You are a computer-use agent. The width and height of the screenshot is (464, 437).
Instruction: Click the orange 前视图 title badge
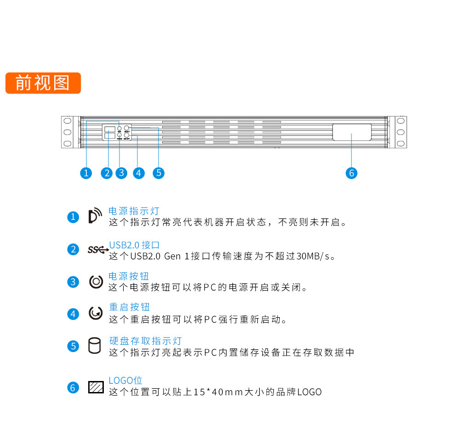[43, 83]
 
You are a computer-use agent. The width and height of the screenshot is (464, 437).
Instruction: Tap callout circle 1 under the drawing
[86, 173]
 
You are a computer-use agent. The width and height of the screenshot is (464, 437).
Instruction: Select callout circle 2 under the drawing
[108, 173]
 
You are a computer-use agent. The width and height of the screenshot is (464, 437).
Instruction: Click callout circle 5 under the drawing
[158, 173]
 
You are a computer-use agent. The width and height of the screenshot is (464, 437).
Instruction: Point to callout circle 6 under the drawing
[351, 173]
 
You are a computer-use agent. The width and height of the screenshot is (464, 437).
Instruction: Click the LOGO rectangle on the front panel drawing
[351, 132]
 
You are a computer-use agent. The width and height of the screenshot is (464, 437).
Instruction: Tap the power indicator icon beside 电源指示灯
[95, 216]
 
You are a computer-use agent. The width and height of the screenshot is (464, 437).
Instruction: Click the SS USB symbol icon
[98, 250]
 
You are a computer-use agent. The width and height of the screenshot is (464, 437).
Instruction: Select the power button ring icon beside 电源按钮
[96, 281]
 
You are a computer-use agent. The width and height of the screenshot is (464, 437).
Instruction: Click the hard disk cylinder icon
[94, 346]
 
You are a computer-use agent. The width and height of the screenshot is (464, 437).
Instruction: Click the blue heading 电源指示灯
[134, 211]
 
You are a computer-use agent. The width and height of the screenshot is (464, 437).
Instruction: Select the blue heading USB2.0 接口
[134, 245]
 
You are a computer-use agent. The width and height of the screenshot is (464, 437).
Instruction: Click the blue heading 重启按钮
[129, 307]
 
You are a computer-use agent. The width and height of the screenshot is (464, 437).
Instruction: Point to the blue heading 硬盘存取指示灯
[145, 341]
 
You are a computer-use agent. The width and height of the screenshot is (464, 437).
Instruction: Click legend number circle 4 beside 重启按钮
[73, 314]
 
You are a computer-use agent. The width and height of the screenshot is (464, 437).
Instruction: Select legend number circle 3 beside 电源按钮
[73, 282]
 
